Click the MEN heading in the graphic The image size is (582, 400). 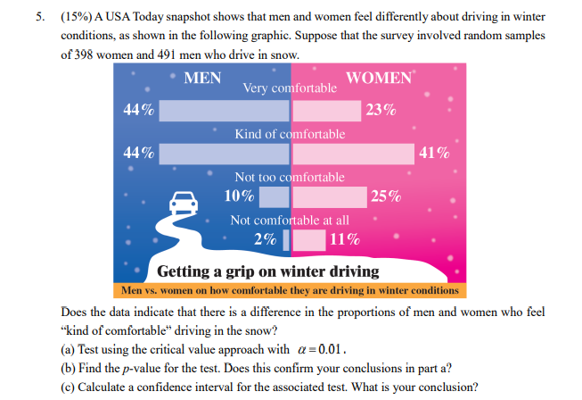202,78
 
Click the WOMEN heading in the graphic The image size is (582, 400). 378,78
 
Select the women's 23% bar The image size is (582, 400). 326,111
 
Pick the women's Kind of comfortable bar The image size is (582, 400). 353,153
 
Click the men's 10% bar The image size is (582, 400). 274,196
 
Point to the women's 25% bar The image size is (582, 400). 329,196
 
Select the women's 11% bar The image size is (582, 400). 308,238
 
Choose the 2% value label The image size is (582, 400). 264,238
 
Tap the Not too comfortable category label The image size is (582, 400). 290,177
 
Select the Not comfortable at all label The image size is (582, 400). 290,220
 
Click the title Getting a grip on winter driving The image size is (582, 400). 267,271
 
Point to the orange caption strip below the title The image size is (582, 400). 290,290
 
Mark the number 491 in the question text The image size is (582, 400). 184,54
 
